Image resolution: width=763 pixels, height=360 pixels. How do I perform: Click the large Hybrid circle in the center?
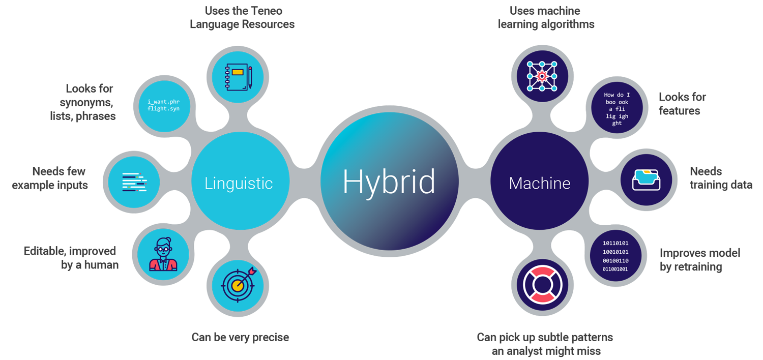coord(389,182)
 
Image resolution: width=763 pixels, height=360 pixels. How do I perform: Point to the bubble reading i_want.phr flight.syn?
coord(163,105)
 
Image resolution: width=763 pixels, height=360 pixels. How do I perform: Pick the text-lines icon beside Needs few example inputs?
coord(134,182)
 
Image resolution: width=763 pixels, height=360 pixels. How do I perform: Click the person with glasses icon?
coord(163,254)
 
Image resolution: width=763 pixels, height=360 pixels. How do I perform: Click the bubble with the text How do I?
coord(617,109)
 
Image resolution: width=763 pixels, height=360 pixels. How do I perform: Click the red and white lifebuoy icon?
coord(542,285)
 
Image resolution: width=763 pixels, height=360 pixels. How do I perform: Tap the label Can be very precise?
coord(240,337)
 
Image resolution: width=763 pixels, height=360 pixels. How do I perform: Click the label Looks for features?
coord(682,104)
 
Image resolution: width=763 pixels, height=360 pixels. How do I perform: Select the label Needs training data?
coord(720,178)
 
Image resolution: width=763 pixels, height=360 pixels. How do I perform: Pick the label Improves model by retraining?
coord(699,260)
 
